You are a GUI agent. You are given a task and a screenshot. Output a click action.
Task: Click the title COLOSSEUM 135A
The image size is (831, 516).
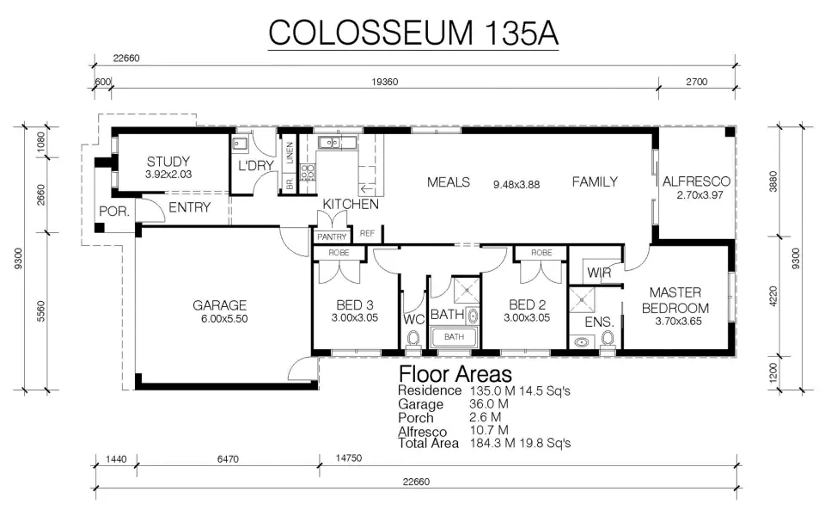coord(413,33)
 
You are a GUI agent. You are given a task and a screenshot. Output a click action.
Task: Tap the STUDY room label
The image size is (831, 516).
coord(168,161)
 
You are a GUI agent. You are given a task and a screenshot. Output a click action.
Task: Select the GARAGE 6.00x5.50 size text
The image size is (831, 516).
coord(224,319)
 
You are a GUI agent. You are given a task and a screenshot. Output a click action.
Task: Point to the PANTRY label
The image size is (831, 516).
coord(332,237)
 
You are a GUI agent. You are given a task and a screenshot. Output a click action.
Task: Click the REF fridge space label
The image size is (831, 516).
coord(367,233)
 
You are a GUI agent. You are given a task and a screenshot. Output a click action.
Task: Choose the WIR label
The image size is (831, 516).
coord(599,273)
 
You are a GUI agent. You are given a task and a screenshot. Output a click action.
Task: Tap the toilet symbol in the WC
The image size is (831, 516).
coord(412,338)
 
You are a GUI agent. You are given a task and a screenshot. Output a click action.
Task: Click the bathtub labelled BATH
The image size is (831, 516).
coord(455,337)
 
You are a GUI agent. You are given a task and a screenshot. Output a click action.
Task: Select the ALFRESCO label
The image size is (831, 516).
coord(696,181)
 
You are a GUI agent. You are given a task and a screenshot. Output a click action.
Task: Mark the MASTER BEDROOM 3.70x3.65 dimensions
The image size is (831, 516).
coord(678,322)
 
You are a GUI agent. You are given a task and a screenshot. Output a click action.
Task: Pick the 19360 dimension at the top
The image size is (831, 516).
coord(385,82)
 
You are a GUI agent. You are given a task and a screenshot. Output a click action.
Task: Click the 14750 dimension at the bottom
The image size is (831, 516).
coord(349,458)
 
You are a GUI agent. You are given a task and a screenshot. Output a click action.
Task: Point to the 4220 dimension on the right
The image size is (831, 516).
coord(773,297)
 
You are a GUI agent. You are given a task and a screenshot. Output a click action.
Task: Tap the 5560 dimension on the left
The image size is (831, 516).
coord(40,311)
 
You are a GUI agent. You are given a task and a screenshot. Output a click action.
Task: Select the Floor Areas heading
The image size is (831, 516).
coord(455,374)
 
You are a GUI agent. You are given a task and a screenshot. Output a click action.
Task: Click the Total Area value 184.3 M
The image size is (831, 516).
coord(492,443)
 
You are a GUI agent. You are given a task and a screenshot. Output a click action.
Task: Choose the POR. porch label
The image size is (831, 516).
coord(114,212)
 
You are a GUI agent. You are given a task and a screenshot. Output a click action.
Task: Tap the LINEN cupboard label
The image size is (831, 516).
coord(290,153)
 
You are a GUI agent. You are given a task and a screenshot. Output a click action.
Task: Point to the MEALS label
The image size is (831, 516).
coord(449,182)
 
